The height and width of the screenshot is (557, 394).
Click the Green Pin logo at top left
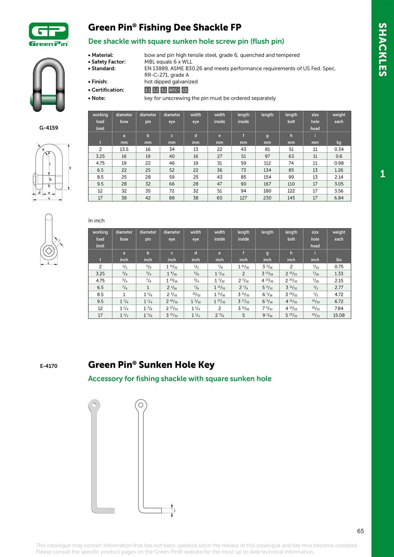coord(49,34)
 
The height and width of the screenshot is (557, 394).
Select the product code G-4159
coord(49,128)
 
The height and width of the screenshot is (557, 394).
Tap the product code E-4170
coord(49,366)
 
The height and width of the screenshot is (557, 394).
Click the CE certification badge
coord(185,90)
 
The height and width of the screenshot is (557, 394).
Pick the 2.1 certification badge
coord(148,90)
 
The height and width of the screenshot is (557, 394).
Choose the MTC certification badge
coord(174,90)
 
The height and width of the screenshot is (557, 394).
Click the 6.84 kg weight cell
coord(339,198)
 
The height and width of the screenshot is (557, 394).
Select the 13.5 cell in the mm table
coord(124,149)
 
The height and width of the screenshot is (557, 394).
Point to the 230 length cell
coord(267,198)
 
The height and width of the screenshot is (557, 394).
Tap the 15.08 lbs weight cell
coord(339,315)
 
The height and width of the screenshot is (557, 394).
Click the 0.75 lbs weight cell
coord(339,267)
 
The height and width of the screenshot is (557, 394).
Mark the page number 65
coord(360,531)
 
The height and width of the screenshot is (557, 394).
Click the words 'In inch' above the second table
coord(96,221)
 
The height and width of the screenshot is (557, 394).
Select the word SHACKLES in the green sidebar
coord(383,50)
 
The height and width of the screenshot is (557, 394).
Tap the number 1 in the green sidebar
coord(383,174)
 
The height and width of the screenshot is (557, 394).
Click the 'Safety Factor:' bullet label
coord(108,62)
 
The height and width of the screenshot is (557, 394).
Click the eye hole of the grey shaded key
coord(94,405)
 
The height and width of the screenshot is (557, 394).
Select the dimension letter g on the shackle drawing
coord(70,168)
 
